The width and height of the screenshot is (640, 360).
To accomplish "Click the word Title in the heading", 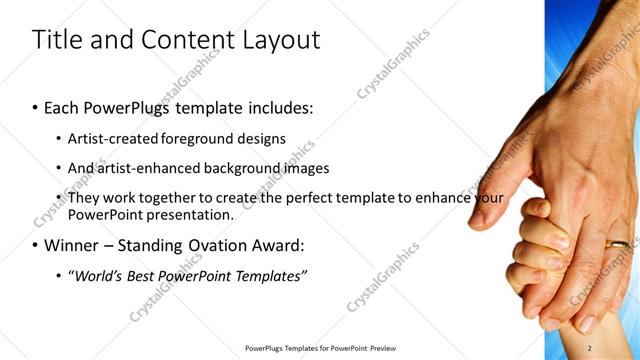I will (x=56, y=40).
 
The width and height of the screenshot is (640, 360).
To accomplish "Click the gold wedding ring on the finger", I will (x=620, y=243).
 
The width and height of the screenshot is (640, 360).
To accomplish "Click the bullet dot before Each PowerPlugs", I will (x=36, y=107).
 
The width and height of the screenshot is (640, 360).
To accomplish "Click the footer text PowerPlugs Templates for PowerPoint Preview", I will (x=320, y=348).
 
